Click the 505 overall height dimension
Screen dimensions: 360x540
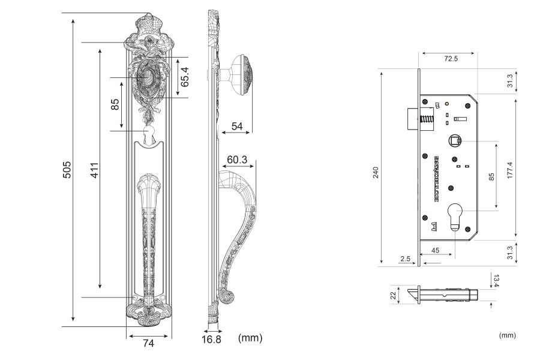(67, 170)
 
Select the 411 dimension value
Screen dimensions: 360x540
(94, 170)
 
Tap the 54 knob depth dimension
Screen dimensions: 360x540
(237, 126)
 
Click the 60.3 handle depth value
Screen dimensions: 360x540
(238, 160)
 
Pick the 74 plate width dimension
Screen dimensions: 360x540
(149, 343)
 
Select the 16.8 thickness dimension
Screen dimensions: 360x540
(211, 339)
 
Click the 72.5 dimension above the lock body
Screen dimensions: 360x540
(451, 59)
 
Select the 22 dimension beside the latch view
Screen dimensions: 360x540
(394, 295)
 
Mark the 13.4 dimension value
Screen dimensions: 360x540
(496, 280)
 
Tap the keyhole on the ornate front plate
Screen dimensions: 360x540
(149, 133)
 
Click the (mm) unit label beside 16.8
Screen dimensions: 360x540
(250, 338)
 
